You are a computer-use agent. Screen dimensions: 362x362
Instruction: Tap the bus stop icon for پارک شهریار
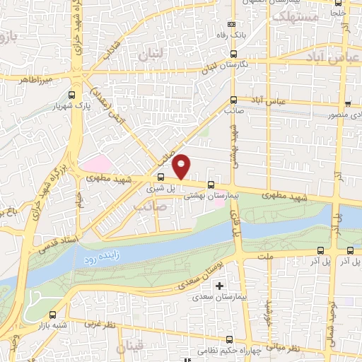[x=71, y=95]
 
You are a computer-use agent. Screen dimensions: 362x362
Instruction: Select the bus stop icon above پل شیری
[x=161, y=177]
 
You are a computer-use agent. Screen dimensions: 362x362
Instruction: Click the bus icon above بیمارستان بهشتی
[x=211, y=185]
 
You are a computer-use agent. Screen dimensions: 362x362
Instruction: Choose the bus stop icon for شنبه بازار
[x=53, y=315]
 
